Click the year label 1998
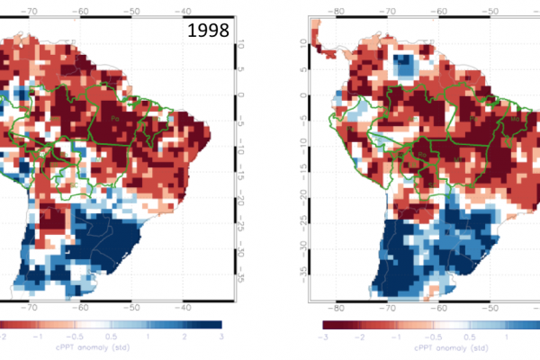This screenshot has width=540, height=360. pos(208,31)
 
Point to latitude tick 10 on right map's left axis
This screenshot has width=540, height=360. pos(303,47)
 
